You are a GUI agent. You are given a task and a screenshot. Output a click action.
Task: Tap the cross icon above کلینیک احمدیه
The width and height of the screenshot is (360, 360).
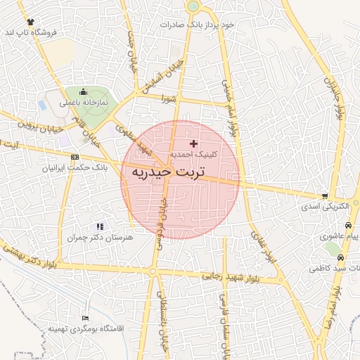tap(194, 143)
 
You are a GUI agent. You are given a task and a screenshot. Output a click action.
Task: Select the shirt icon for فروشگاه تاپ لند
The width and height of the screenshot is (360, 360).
tap(30, 22)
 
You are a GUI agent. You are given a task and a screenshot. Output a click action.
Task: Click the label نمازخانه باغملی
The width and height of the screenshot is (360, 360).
tap(84, 103)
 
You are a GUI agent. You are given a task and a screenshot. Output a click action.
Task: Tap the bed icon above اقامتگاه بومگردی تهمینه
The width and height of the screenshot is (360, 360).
tap(86, 319)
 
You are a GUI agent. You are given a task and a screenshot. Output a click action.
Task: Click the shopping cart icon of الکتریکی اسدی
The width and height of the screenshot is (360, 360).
tap(324, 196)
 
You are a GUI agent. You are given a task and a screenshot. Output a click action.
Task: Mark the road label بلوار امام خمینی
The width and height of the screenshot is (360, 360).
tap(228, 105)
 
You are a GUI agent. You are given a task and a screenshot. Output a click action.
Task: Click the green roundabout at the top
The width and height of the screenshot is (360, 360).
tap(193, 6)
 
